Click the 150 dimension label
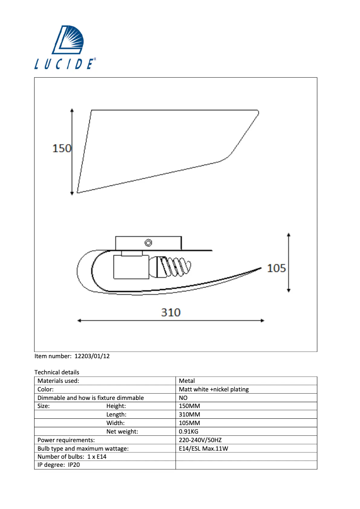(x=62, y=148)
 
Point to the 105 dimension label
(x=277, y=268)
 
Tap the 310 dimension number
(x=171, y=312)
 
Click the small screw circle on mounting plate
(x=148, y=243)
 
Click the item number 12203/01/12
(x=72, y=356)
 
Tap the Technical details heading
(x=57, y=372)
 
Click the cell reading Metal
(x=187, y=381)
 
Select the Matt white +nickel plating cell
(x=214, y=389)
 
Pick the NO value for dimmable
(x=183, y=398)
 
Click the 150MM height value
(x=189, y=406)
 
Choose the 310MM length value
(x=189, y=415)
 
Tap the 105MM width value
(x=189, y=423)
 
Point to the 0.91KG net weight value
(x=189, y=431)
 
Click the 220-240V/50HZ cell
(x=200, y=440)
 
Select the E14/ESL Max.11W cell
(x=204, y=448)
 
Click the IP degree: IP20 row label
(x=59, y=465)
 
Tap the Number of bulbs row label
(x=72, y=456)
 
